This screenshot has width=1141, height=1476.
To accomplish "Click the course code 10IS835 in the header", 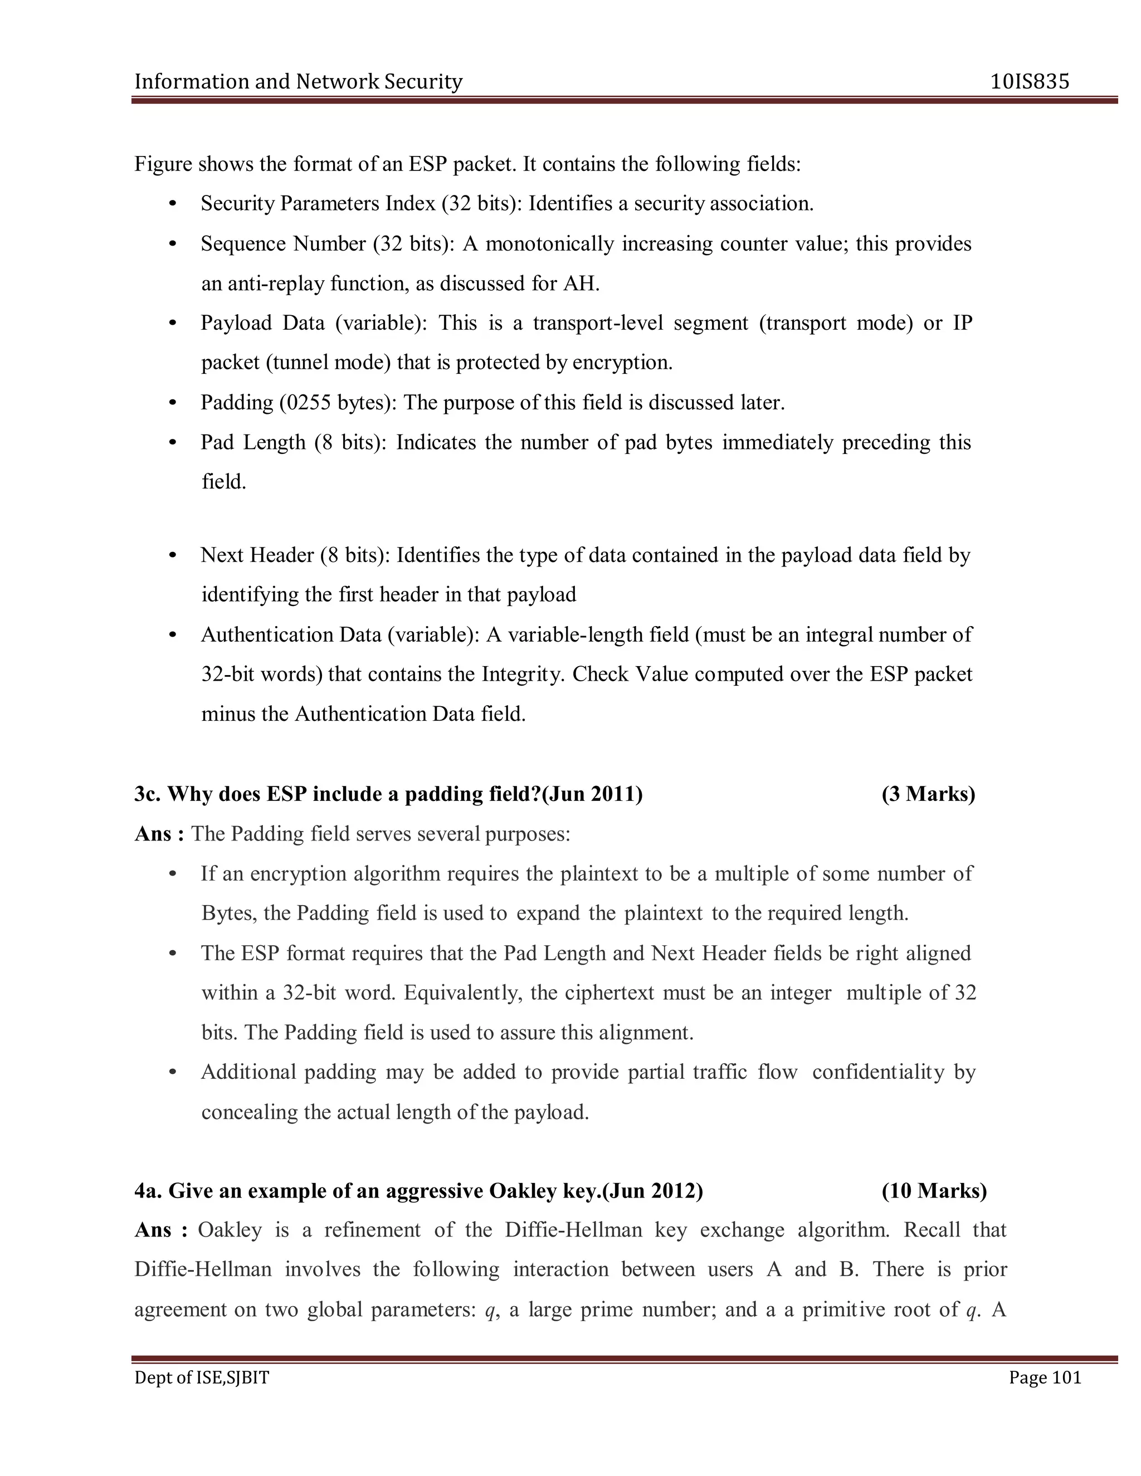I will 1030,82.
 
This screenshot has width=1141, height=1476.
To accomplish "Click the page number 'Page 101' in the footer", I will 1045,1377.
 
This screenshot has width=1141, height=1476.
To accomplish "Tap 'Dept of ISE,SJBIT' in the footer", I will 202,1377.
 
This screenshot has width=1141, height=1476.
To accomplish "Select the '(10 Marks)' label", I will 934,1191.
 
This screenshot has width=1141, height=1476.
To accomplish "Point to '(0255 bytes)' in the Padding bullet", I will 338,403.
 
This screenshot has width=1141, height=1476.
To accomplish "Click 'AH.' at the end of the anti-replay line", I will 581,283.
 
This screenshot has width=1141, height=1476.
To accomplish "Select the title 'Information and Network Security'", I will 298,82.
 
